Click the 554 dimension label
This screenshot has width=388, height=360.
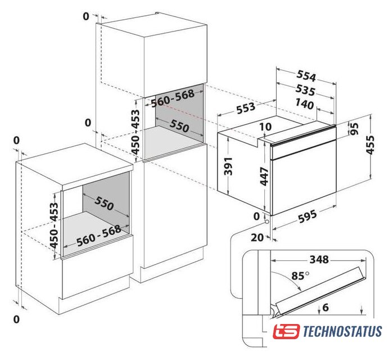click(x=306, y=76)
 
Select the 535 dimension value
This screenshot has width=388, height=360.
click(x=305, y=91)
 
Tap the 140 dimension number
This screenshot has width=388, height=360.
click(x=304, y=104)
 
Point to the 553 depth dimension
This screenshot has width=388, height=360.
click(x=246, y=107)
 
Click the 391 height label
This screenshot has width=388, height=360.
click(x=228, y=166)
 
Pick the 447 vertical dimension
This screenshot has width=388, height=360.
click(x=264, y=176)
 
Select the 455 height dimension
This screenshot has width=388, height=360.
click(x=370, y=145)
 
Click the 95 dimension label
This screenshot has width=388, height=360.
click(x=355, y=129)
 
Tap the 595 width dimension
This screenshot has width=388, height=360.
click(x=308, y=216)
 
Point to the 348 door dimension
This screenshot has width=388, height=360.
click(x=319, y=260)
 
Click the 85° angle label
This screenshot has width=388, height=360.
click(x=300, y=276)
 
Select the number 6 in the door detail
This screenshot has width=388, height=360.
click(x=326, y=308)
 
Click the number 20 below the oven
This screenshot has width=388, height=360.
click(x=258, y=237)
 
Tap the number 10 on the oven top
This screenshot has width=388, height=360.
click(x=265, y=127)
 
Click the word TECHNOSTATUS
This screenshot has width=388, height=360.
click(x=342, y=331)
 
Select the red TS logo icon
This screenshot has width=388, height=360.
click(x=286, y=331)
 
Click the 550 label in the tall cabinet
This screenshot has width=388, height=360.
click(x=179, y=126)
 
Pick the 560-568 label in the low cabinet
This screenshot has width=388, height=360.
click(x=99, y=236)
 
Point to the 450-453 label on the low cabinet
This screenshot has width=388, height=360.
click(x=54, y=225)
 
